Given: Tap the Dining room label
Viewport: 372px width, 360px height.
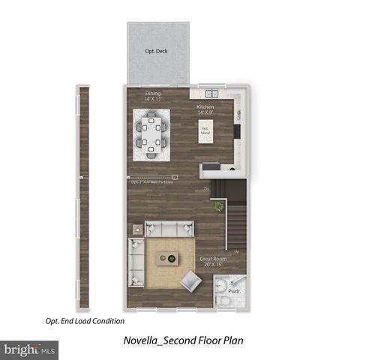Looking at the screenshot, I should [153, 97].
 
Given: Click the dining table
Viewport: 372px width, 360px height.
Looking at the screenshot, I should [152, 136].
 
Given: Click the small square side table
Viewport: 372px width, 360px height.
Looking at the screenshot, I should [137, 229].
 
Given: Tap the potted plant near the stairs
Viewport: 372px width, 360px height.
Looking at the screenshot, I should [219, 205].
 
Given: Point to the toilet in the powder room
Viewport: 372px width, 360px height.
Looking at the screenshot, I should [225, 300].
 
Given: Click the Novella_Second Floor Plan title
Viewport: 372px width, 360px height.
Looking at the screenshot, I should [183, 340].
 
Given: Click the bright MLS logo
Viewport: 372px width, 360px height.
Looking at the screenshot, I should [30, 349].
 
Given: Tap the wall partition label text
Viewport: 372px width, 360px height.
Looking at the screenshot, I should [152, 181].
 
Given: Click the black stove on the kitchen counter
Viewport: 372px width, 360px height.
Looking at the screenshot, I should [237, 131].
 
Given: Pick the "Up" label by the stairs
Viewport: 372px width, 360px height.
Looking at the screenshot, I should [237, 251].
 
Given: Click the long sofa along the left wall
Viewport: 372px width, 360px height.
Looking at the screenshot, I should [136, 259].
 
